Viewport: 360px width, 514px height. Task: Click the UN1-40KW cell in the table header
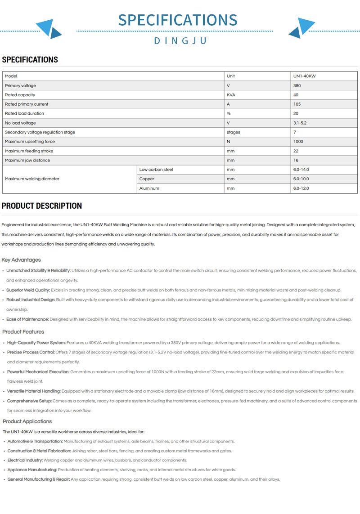(x=304, y=76)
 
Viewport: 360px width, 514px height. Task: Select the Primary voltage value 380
(x=297, y=85)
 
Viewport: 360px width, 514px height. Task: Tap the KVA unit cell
(x=231, y=95)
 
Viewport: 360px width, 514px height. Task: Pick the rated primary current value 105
(x=297, y=104)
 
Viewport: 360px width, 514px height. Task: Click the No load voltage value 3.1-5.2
(x=300, y=123)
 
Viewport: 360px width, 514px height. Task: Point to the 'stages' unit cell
(x=234, y=132)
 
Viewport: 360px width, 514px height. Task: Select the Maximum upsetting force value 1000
(x=298, y=142)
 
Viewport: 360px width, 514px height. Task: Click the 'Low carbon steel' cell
(x=156, y=170)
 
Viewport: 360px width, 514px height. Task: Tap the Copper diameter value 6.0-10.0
(x=301, y=179)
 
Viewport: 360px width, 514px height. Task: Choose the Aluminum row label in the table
(x=149, y=188)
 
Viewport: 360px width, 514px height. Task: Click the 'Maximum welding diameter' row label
(x=32, y=179)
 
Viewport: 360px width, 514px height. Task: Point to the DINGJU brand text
(x=180, y=41)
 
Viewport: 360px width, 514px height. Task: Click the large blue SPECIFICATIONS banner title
(x=178, y=20)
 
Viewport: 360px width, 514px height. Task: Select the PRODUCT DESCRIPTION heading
(x=42, y=206)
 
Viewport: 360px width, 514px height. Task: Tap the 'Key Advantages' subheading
(x=21, y=260)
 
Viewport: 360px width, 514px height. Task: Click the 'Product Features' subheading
(x=23, y=332)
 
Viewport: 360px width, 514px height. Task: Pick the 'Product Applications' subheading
(x=27, y=421)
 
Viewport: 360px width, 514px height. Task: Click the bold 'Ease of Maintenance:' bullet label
(x=27, y=319)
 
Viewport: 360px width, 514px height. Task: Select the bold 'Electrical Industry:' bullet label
(x=25, y=460)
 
